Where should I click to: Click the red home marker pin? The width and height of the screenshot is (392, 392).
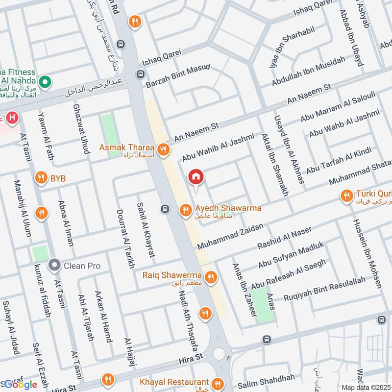[x=196, y=177]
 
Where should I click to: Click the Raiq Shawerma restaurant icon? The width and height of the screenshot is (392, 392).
[x=211, y=277]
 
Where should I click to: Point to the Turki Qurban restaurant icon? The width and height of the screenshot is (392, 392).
[x=346, y=196]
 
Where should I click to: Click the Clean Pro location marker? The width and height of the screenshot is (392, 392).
[x=54, y=266]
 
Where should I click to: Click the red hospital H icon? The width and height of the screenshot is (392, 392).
[x=12, y=118]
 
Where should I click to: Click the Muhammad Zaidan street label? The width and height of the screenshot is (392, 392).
[x=230, y=236]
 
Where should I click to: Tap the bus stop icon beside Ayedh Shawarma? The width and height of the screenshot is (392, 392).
[x=165, y=209]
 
